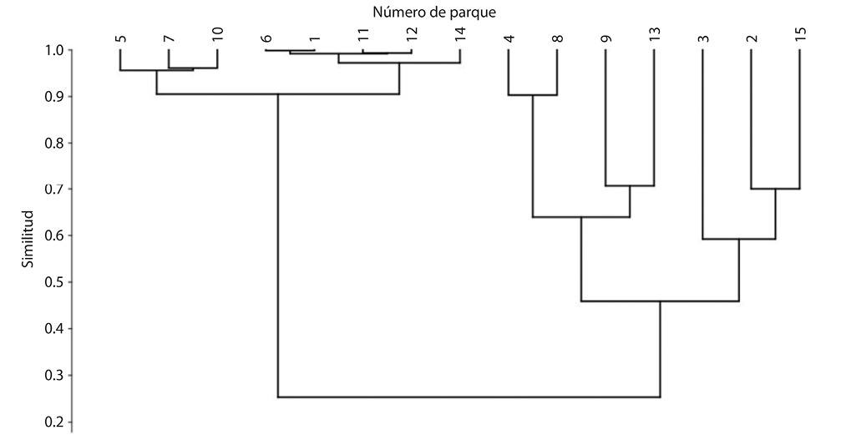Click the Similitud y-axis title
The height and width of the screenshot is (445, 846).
tap(28, 239)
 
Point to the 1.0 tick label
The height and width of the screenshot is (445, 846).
tap(52, 50)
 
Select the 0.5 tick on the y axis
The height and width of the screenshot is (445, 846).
tap(52, 282)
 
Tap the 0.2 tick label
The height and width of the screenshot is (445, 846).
tap(52, 422)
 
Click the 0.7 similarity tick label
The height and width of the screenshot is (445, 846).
tap(52, 190)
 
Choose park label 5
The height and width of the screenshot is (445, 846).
tap(120, 38)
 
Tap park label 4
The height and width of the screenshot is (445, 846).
tap(509, 38)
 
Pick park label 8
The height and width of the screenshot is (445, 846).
tap(557, 38)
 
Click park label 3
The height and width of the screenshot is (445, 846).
tap(703, 38)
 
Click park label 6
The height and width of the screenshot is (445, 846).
tap(266, 38)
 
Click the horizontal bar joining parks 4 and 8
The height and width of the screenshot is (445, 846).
tap(533, 95)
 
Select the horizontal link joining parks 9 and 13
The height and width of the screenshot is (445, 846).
tap(630, 185)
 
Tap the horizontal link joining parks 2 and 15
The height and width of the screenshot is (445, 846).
tap(775, 189)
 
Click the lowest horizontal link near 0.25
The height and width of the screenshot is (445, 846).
tap(469, 397)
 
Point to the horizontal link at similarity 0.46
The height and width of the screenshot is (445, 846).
tap(660, 301)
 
